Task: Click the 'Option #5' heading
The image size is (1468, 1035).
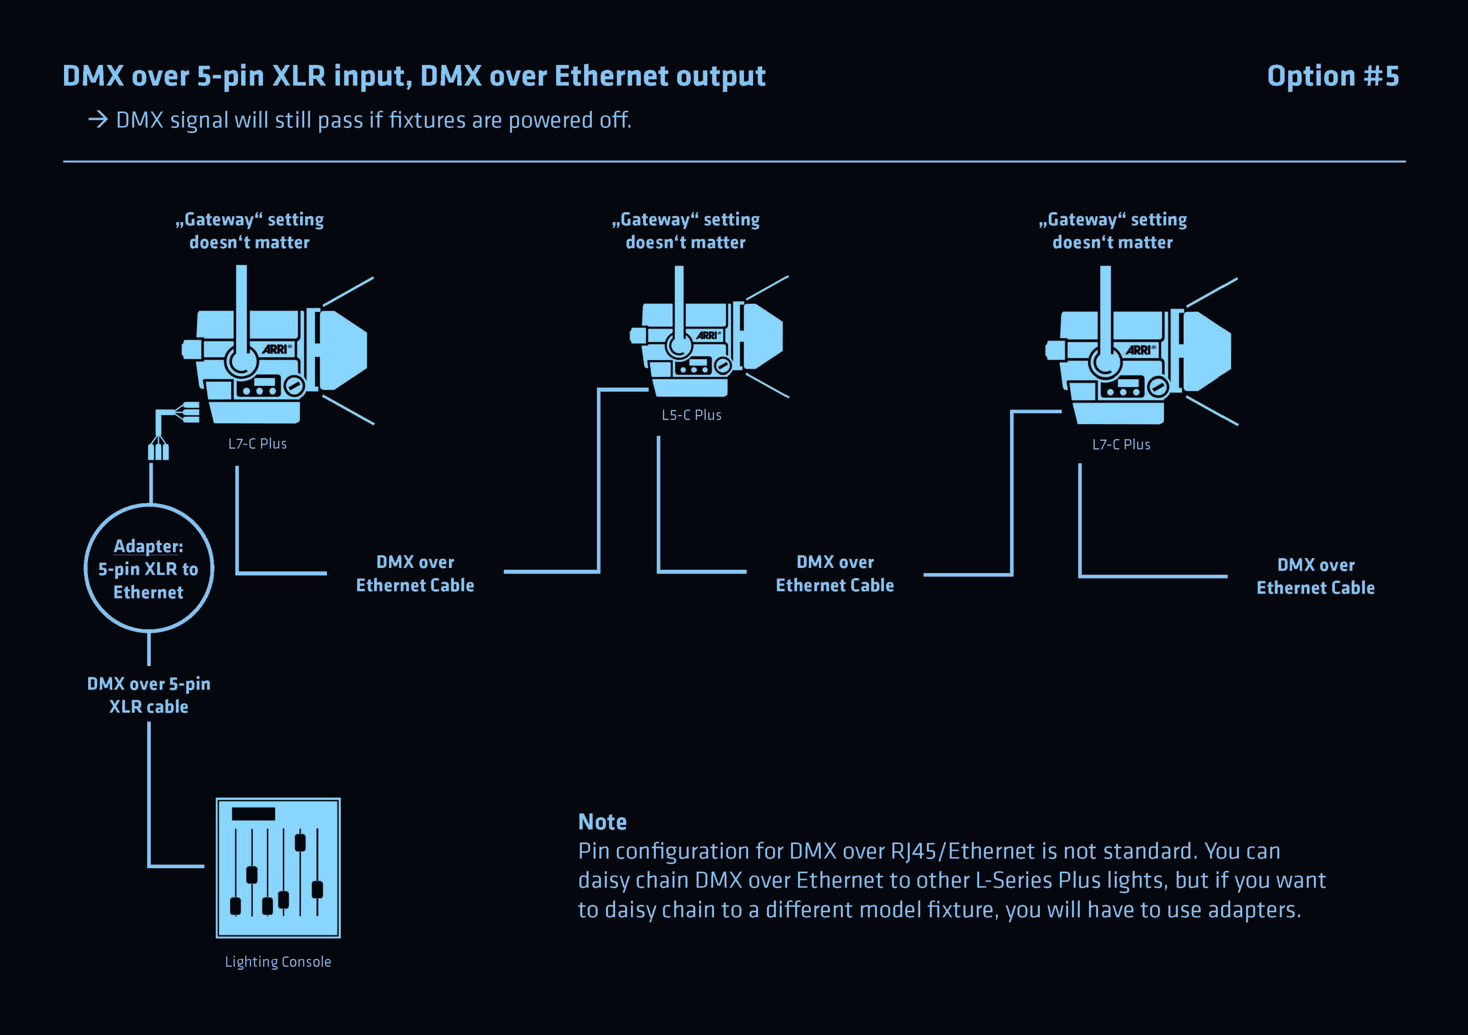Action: tap(1333, 76)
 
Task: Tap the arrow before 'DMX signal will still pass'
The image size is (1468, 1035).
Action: tap(98, 120)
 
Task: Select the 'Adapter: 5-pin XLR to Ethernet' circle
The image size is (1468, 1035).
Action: tap(149, 568)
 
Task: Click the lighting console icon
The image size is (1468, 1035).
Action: tap(278, 867)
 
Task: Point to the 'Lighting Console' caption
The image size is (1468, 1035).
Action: tap(278, 961)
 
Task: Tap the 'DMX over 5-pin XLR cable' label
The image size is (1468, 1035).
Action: tap(149, 695)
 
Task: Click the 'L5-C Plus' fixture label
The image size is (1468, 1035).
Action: tap(691, 415)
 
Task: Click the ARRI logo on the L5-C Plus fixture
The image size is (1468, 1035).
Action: tap(707, 335)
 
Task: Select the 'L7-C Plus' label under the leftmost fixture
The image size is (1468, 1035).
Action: tap(258, 443)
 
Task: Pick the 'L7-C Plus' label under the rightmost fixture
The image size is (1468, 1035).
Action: tap(1121, 445)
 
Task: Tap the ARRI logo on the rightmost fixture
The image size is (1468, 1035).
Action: tap(1139, 350)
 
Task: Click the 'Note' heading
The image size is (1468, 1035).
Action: tap(602, 822)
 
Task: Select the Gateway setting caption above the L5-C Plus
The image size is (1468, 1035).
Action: tap(685, 231)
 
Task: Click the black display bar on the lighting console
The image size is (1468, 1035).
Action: tap(253, 814)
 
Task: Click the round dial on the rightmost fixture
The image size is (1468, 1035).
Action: tap(1158, 386)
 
